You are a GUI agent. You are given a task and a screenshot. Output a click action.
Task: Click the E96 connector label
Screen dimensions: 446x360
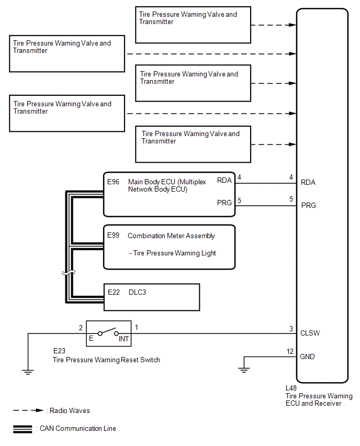pyautogui.click(x=113, y=182)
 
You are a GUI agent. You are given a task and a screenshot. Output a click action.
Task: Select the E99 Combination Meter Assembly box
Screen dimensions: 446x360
pyautogui.click(x=169, y=247)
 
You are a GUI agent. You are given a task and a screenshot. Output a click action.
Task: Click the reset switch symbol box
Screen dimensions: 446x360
pyautogui.click(x=108, y=333)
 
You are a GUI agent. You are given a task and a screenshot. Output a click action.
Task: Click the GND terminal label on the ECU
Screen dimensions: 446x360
pyautogui.click(x=308, y=356)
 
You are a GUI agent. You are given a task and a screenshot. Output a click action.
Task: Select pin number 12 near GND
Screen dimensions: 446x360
pyautogui.click(x=290, y=351)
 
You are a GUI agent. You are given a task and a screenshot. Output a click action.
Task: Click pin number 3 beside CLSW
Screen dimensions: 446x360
pyautogui.click(x=291, y=328)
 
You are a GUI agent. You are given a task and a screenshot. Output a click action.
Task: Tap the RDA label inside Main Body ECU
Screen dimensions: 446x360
pyautogui.click(x=224, y=181)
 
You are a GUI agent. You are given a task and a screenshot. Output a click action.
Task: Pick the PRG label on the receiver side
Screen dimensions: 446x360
pyautogui.click(x=309, y=205)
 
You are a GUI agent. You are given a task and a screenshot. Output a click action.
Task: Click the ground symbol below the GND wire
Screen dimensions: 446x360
pyautogui.click(x=243, y=369)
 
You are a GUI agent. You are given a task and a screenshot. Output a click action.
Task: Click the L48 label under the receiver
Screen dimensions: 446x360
pyautogui.click(x=291, y=388)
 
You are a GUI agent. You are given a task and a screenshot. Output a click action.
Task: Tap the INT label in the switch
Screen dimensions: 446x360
pyautogui.click(x=123, y=339)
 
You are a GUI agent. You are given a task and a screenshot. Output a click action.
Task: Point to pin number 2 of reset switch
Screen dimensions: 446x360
pyautogui.click(x=81, y=328)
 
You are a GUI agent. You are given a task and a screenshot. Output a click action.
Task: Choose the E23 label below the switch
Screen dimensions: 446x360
pyautogui.click(x=59, y=351)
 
